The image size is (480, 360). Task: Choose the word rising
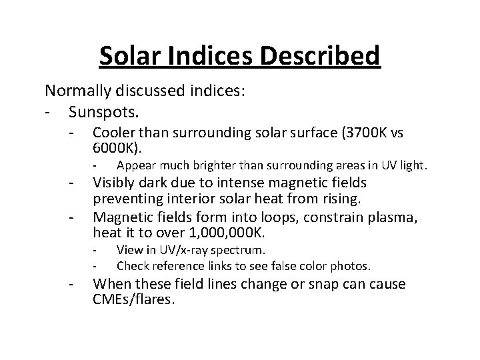[x=339, y=199]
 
